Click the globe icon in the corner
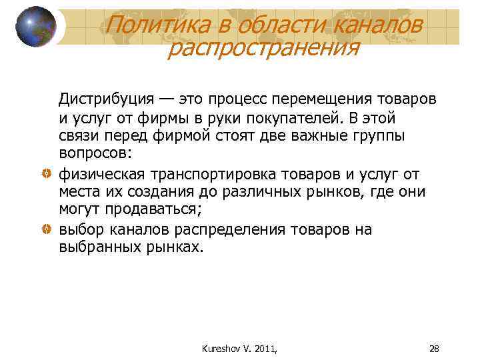pyautogui.click(x=36, y=27)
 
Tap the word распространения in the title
pyautogui.click(x=263, y=48)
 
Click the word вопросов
pyautogui.click(x=94, y=154)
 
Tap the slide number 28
pyautogui.click(x=434, y=349)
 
